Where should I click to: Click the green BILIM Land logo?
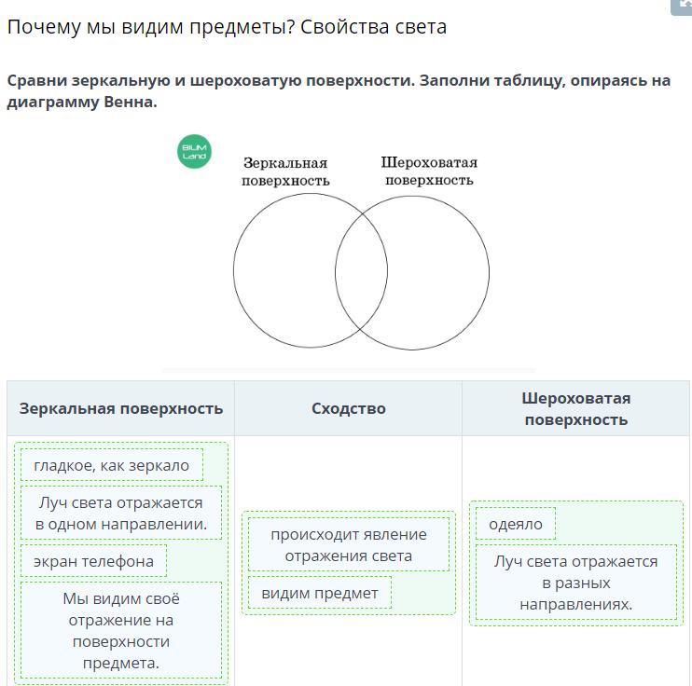click(x=194, y=151)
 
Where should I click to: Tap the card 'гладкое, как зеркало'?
click(x=111, y=465)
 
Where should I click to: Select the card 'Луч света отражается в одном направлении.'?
click(x=121, y=513)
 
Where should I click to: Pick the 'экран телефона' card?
click(x=93, y=561)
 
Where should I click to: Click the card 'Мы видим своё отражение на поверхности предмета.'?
click(x=121, y=630)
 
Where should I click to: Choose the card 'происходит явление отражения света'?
click(x=348, y=544)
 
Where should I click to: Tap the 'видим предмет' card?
click(x=319, y=593)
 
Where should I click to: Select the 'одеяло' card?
click(x=515, y=524)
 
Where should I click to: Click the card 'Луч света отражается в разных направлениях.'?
click(x=575, y=583)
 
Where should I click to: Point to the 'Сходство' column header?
click(x=348, y=408)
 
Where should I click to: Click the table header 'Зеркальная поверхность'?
click(x=121, y=408)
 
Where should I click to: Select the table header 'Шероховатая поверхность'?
click(x=575, y=408)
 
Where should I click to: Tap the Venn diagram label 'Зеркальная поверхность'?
click(x=285, y=171)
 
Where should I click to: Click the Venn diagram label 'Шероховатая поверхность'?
click(x=429, y=171)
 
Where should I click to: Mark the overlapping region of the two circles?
click(x=361, y=272)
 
